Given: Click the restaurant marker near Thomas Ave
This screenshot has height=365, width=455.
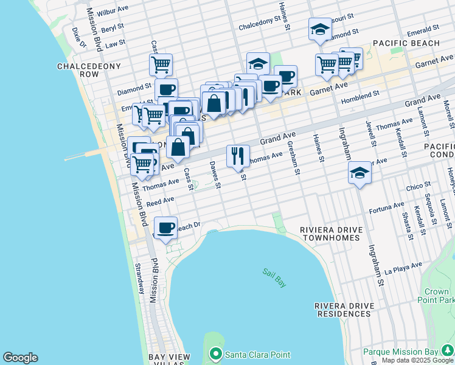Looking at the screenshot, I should point(238,156).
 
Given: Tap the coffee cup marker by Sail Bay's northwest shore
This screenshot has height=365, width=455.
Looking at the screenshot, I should point(165,228).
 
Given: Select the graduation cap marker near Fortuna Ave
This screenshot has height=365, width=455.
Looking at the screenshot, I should point(359,173).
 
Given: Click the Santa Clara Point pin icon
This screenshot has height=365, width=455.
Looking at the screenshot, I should point(215,354).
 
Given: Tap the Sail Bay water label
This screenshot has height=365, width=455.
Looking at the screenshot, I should point(274,278).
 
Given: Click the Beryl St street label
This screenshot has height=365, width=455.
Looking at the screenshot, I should point(113,28).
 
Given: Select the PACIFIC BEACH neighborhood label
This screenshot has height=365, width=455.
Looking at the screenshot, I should point(406,43).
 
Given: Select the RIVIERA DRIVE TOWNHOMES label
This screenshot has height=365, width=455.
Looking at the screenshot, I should point(331,234).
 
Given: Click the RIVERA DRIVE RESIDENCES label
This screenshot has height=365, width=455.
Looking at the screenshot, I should point(342,310).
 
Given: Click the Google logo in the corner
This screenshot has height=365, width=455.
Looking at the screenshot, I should point(20,358).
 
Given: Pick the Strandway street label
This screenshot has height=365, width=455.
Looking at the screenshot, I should point(140,279).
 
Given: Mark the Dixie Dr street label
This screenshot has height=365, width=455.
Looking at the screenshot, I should point(78,35).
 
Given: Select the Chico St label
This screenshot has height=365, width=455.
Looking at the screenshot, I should point(419,184).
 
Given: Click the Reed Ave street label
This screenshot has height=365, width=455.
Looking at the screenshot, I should point(161,200).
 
